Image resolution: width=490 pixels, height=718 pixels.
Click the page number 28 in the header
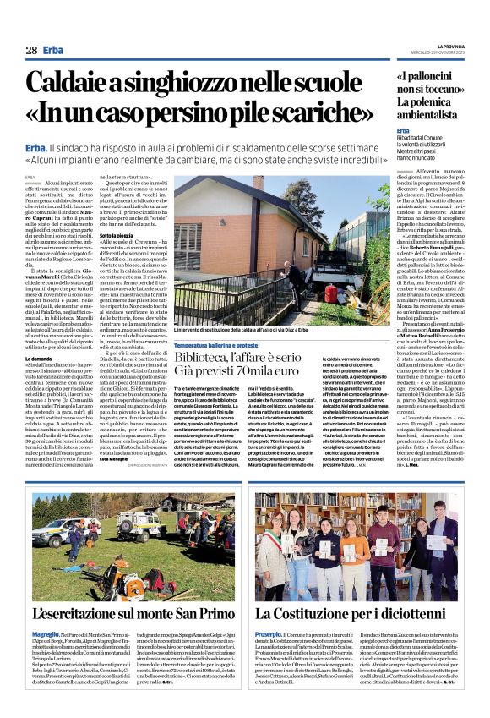point(30,49)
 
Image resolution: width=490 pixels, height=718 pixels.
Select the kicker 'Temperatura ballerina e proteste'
point(215,345)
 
